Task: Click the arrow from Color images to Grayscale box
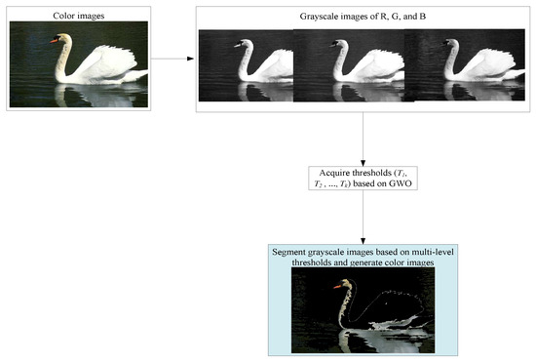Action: (173, 59)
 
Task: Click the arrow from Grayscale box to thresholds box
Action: (362, 137)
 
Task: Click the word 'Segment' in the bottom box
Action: (298, 252)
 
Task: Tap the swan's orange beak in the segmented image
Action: (337, 287)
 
